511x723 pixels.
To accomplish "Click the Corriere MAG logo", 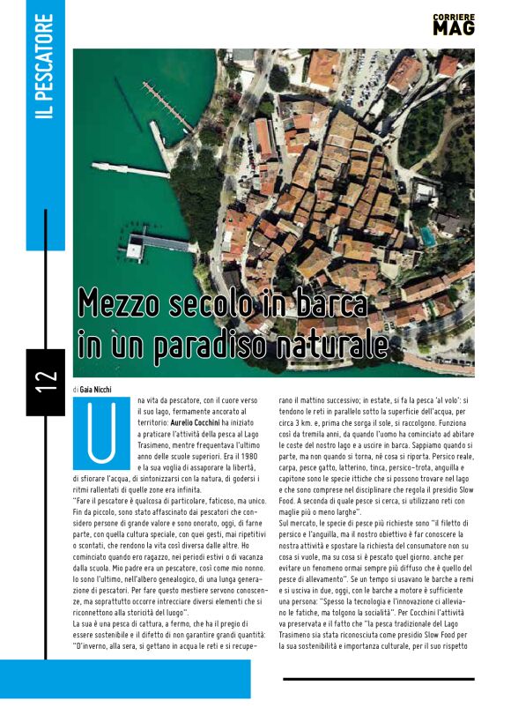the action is coord(454,25).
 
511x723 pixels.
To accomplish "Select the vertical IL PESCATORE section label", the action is coord(45,80).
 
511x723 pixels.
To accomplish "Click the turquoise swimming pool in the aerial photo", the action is coord(427,235).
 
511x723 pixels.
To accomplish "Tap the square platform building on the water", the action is coord(135,250).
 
